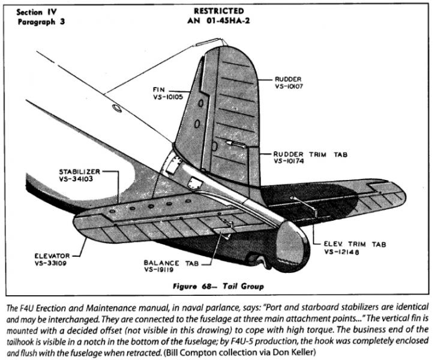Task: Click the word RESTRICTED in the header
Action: click(x=219, y=11)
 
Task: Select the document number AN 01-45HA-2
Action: click(x=219, y=22)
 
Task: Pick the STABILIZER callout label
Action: click(x=80, y=171)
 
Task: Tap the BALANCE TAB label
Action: click(x=170, y=262)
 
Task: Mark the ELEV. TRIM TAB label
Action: click(x=354, y=244)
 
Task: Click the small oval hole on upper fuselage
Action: click(x=117, y=108)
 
